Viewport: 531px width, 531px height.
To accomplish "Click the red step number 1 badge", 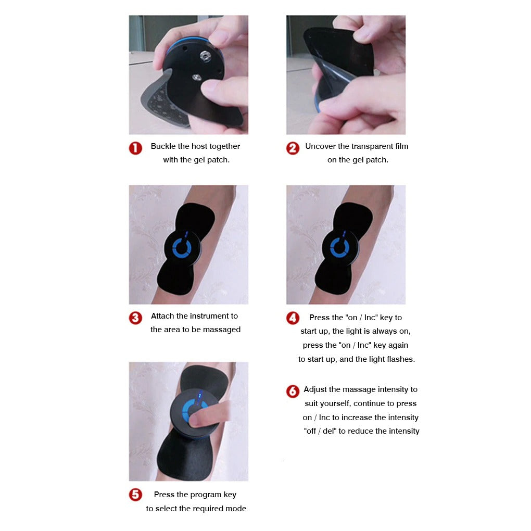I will [135, 148].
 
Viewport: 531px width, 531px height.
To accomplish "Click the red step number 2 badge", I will [293, 148].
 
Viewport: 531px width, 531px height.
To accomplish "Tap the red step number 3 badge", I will [135, 318].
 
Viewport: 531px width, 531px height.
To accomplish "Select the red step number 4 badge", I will [293, 318].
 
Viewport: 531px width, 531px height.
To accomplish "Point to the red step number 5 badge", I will [135, 495].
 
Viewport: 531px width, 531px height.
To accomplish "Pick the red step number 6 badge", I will [293, 391].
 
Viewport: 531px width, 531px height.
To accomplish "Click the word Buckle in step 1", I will [163, 146].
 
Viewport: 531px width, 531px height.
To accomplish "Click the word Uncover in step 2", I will [320, 146].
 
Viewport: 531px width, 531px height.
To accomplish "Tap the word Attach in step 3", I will [162, 316].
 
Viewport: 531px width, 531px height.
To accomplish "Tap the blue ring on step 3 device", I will [182, 249].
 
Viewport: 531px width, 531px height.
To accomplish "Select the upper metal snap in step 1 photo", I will [205, 55].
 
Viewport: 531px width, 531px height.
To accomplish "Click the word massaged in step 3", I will [222, 330].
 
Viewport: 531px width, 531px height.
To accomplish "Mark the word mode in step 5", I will [237, 509].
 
